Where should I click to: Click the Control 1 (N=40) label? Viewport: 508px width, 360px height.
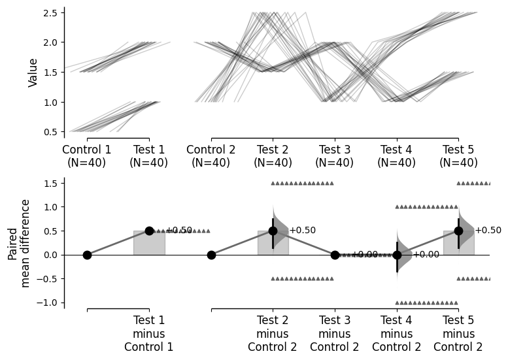tap(87, 157)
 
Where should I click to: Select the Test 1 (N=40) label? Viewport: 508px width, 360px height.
tap(149, 157)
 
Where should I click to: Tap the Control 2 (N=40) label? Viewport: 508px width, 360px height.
tap(211, 157)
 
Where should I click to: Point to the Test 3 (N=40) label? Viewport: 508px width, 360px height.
tap(335, 157)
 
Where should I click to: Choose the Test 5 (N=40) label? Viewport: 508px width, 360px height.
tap(458, 157)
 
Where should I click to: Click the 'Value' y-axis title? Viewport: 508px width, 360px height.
tap(33, 73)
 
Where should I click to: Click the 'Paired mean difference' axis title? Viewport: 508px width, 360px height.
tap(20, 243)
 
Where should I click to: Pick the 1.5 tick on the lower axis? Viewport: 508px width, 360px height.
tap(54, 183)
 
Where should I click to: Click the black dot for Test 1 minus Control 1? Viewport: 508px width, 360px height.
tap(149, 231)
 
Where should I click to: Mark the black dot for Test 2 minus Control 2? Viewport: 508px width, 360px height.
tap(273, 231)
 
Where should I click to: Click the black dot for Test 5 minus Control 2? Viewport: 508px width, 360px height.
tap(458, 231)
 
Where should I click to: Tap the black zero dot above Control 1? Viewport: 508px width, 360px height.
tap(87, 255)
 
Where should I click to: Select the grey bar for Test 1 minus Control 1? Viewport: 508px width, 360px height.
tap(149, 242)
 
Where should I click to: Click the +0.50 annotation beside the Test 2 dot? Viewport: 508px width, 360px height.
tap(302, 231)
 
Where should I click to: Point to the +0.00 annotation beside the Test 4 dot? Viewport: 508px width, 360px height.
tap(426, 255)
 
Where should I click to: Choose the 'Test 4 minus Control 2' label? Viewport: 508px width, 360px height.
tap(396, 333)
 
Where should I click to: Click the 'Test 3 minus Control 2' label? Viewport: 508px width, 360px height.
tap(335, 333)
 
